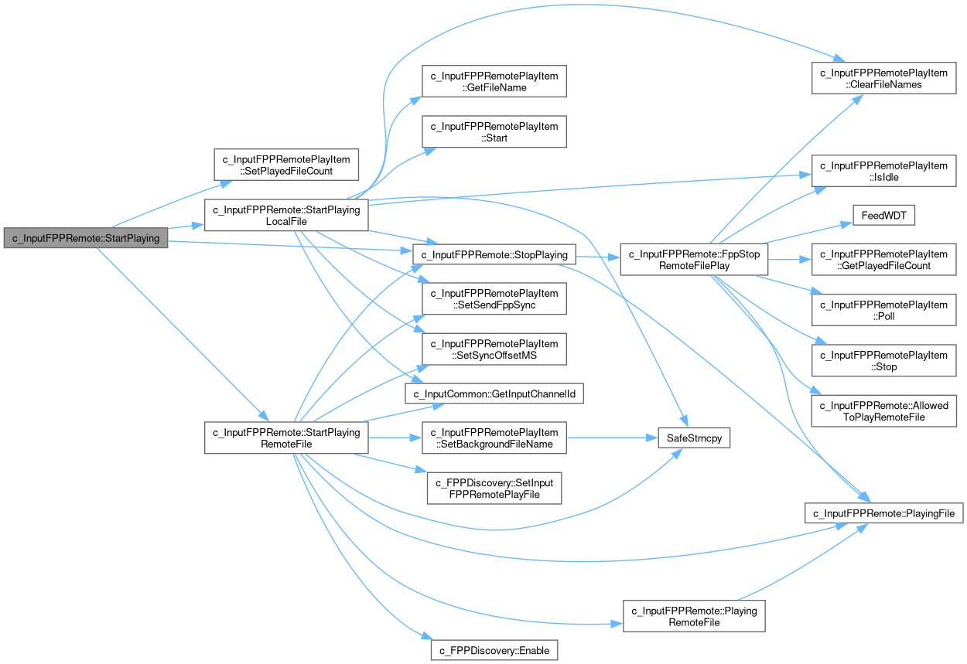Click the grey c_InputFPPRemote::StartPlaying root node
[x=85, y=238]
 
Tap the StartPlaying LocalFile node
[x=286, y=215]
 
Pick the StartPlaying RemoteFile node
[x=286, y=438]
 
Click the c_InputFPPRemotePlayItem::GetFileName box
[x=494, y=81]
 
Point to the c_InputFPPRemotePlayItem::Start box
[x=494, y=131]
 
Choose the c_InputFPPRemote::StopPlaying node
[x=494, y=254]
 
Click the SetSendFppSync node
[x=494, y=299]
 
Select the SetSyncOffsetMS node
[x=494, y=349]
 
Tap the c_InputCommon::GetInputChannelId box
[x=494, y=394]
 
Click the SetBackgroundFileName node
[x=494, y=438]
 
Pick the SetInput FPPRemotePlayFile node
[x=494, y=489]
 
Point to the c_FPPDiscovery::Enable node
[x=494, y=650]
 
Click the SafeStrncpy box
[x=694, y=438]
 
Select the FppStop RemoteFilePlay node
[x=694, y=260]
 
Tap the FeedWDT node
[x=883, y=216]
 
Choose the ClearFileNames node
[x=883, y=79]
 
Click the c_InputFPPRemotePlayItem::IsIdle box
[x=883, y=172]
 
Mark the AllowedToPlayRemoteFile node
[x=883, y=411]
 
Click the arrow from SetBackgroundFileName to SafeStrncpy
[x=611, y=438]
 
